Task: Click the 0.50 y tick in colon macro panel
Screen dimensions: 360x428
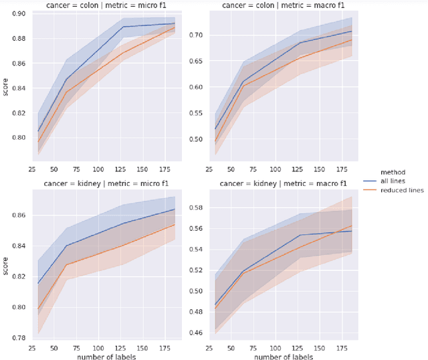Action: click(191, 139)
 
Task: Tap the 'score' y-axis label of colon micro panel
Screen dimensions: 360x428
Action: click(5, 88)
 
